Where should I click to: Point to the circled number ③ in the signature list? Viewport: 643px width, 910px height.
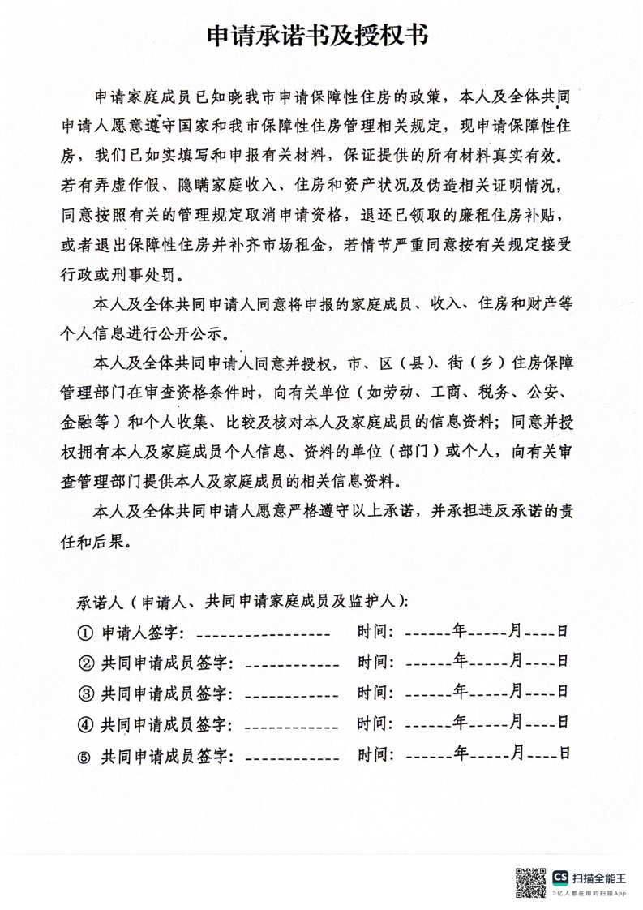click(85, 693)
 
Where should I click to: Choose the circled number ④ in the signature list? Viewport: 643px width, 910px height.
click(85, 724)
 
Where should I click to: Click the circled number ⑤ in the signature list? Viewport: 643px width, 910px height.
click(84, 756)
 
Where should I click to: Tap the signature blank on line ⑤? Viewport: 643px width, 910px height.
click(291, 758)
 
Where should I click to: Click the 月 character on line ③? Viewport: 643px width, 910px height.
click(516, 691)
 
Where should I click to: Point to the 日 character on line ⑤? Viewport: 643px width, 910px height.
click(563, 753)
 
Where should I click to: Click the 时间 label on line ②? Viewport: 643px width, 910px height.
click(375, 663)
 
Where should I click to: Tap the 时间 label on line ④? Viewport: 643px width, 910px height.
click(375, 723)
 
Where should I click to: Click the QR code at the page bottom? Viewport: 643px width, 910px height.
click(531, 882)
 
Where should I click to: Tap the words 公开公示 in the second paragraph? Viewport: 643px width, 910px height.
click(193, 333)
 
